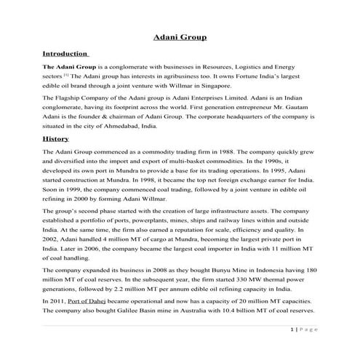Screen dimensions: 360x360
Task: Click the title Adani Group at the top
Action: pos(180,36)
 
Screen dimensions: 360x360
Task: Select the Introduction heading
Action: pos(66,55)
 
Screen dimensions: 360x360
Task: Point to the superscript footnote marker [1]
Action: pos(65,74)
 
